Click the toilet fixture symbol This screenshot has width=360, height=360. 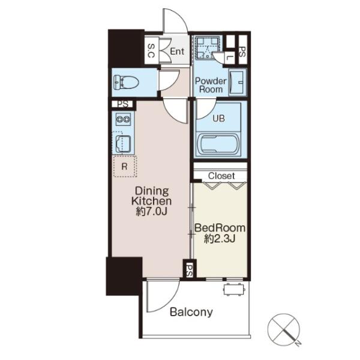coord(126,82)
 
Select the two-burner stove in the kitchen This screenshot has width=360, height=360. coord(123,119)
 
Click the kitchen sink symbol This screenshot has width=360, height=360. coord(123,144)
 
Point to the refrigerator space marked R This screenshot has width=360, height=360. coord(125,166)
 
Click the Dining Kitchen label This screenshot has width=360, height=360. coord(152,196)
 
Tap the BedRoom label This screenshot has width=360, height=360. coord(220,228)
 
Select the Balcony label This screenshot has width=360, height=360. coord(191,312)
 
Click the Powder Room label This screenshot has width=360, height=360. coord(211,85)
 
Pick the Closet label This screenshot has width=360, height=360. coord(221,176)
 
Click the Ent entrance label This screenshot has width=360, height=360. coord(177,51)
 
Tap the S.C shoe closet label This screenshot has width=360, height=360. coord(151,51)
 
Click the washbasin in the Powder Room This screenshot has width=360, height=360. coord(236,82)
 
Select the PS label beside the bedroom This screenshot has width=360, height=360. coord(190,270)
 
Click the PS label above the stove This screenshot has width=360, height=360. coord(123,104)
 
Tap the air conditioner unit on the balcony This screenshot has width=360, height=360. coord(235,289)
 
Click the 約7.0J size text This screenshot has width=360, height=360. coord(151,211)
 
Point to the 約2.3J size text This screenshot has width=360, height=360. coord(220,239)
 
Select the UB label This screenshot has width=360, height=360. coord(218,118)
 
